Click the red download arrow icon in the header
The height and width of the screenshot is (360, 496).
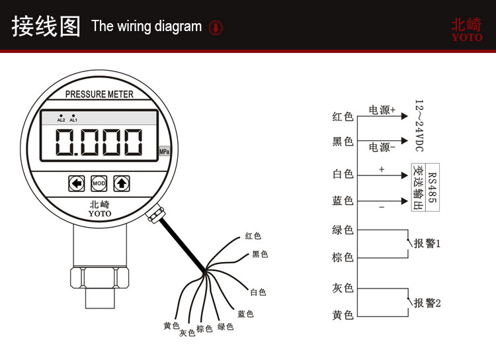pyautogui.click(x=216, y=27)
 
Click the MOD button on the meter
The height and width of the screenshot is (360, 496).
pyautogui.click(x=99, y=183)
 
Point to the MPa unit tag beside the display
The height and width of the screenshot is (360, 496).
pyautogui.click(x=165, y=152)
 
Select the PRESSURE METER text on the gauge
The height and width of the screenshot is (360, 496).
pyautogui.click(x=99, y=94)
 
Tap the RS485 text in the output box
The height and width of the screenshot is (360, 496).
pyautogui.click(x=432, y=187)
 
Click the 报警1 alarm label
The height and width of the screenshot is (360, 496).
pyautogui.click(x=427, y=244)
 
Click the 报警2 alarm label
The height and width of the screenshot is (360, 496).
pyautogui.click(x=427, y=302)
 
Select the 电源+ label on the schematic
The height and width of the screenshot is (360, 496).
pyautogui.click(x=382, y=110)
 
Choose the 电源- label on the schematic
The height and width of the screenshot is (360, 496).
pyautogui.click(x=382, y=147)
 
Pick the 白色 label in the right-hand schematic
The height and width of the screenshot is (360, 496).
pyautogui.click(x=343, y=174)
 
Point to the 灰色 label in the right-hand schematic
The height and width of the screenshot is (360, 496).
pyautogui.click(x=343, y=288)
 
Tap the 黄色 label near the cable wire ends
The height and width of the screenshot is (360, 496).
pyautogui.click(x=171, y=326)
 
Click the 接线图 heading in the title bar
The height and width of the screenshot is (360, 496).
pyautogui.click(x=46, y=26)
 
